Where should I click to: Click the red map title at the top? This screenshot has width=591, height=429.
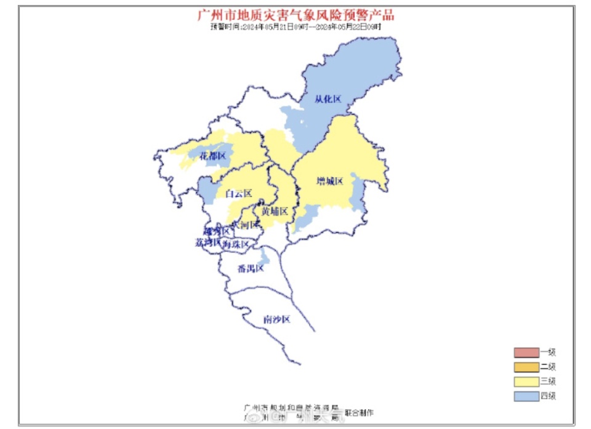coord(295,15)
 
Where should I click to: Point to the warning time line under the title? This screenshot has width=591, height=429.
coord(295,27)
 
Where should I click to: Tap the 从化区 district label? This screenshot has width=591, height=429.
coord(328,99)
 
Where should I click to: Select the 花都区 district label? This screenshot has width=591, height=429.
coord(213,156)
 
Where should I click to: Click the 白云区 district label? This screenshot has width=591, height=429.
coord(239,194)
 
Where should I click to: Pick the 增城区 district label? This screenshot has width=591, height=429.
coord(329,181)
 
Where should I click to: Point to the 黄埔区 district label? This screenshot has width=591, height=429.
coord(274,212)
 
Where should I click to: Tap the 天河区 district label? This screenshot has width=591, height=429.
coord(245,225)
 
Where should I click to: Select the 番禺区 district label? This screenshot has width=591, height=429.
coord(251,269)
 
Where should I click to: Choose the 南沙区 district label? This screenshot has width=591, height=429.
coord(276,319)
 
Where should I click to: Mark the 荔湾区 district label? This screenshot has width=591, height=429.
coord(208,243)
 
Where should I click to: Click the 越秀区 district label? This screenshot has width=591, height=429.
coord(217,231)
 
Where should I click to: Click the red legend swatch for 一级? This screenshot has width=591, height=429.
coord(526,353)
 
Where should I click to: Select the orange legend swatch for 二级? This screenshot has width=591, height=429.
coord(526,367)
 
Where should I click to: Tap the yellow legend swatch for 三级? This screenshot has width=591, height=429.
coord(526,382)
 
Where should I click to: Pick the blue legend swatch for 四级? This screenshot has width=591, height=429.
coord(526,396)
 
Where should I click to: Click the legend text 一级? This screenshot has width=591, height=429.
coord(548,353)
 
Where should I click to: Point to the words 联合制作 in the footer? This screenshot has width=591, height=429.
coord(359,412)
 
